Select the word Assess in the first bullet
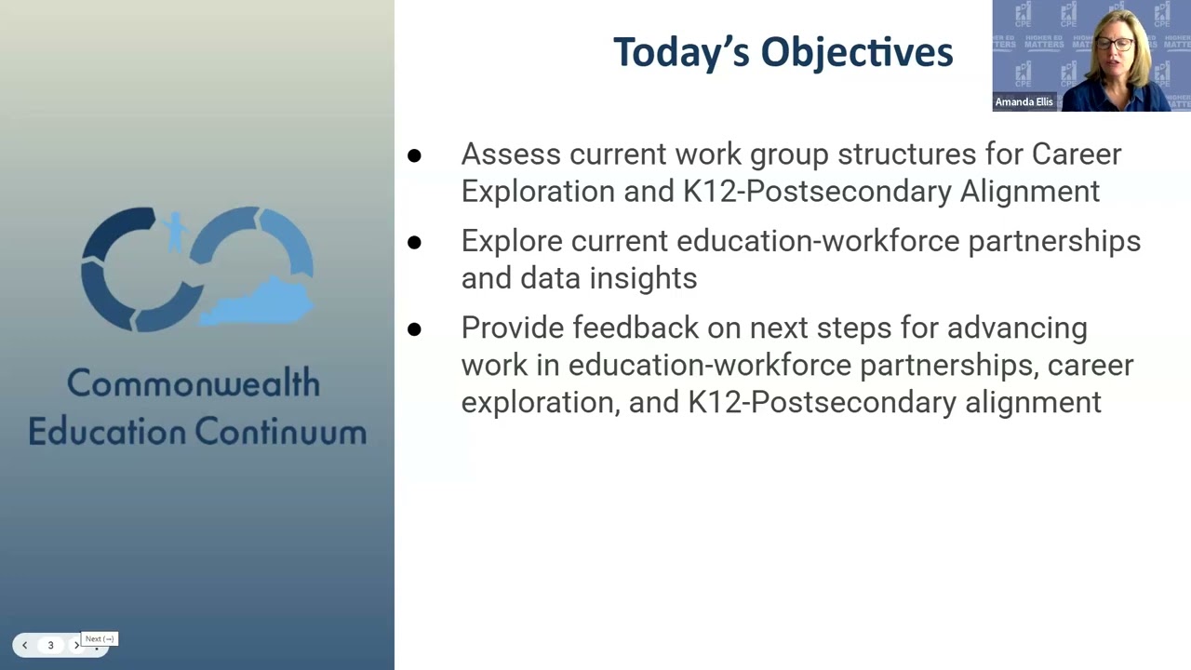pyautogui.click(x=510, y=154)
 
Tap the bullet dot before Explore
pyautogui.click(x=414, y=243)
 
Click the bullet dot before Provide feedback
pyautogui.click(x=414, y=329)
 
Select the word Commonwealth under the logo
pyautogui.click(x=194, y=383)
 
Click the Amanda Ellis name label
pyautogui.click(x=1024, y=102)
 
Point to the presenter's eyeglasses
pyautogui.click(x=1115, y=44)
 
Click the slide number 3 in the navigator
pyautogui.click(x=50, y=645)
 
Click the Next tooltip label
pyautogui.click(x=100, y=639)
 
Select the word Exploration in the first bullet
pyautogui.click(x=538, y=191)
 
